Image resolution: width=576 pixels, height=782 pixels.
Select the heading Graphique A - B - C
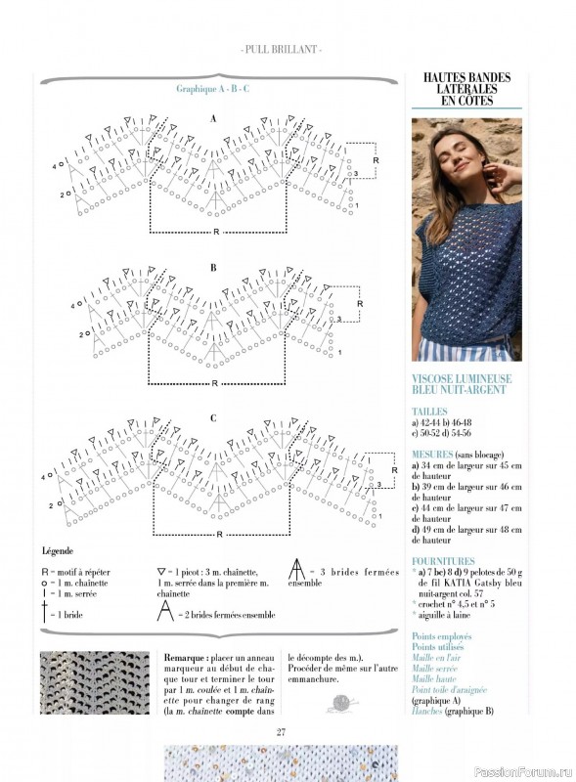pyautogui.click(x=212, y=89)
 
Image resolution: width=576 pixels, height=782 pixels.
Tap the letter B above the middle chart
pyautogui.click(x=213, y=266)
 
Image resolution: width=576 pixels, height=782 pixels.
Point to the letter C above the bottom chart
pyautogui.click(x=213, y=417)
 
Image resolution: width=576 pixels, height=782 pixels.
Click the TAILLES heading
pyautogui.click(x=430, y=413)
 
